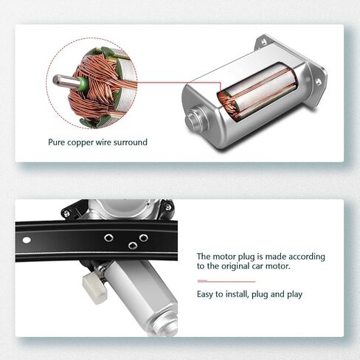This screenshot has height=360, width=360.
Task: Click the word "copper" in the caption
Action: (x=80, y=142)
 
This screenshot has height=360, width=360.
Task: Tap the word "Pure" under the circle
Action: (x=57, y=142)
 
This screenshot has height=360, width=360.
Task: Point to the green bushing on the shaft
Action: (x=82, y=83)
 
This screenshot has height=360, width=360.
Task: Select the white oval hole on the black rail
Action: (x=27, y=240)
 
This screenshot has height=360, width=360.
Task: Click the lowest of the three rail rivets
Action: (x=133, y=245)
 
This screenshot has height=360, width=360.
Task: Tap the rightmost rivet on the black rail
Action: (x=143, y=238)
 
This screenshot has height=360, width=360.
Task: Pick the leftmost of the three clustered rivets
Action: (x=108, y=238)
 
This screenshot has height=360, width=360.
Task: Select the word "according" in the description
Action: (x=307, y=257)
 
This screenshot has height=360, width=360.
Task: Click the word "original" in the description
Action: (x=235, y=266)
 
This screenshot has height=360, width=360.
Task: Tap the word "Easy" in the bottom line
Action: (x=205, y=294)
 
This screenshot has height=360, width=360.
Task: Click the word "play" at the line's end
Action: (x=295, y=294)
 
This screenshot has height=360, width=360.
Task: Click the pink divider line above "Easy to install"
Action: (x=226, y=281)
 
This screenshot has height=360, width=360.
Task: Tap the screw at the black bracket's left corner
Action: (x=66, y=213)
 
